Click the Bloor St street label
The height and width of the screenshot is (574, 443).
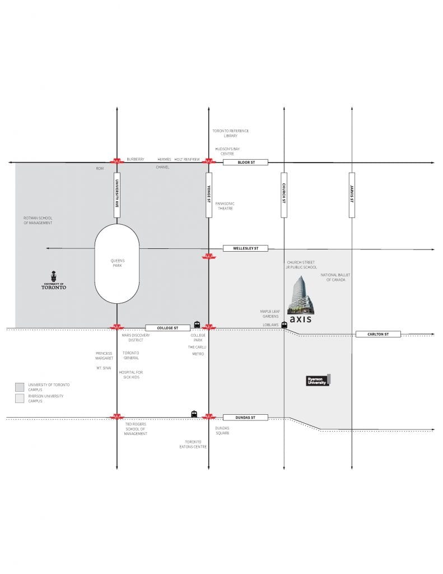tap(245, 162)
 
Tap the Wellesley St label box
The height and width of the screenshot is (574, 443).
tap(245, 248)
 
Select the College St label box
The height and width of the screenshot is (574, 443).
tap(167, 327)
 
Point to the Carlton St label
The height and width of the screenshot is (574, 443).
tap(378, 334)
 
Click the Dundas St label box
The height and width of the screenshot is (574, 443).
tap(245, 417)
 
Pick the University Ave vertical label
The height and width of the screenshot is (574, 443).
tap(117, 195)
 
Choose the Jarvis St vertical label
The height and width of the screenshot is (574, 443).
tap(352, 195)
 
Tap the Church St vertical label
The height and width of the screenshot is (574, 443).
tap(284, 195)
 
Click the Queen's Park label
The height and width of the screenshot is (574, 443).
tap(118, 263)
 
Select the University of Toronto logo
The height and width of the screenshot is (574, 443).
tap(54, 280)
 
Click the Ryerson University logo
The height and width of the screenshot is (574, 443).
tap(318, 381)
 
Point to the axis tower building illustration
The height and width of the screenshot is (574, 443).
tap(301, 295)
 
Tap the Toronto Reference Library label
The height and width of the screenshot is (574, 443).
tap(231, 133)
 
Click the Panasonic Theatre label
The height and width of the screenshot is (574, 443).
tap(225, 206)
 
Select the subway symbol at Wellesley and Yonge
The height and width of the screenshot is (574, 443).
tap(209, 257)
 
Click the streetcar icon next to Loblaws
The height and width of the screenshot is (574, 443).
tap(285, 325)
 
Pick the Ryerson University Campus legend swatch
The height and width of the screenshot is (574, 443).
tap(20, 399)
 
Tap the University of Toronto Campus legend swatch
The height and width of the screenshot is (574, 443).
tap(20, 387)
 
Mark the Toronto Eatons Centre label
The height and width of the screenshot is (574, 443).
tap(193, 444)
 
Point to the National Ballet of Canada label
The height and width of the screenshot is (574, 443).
tap(335, 277)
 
